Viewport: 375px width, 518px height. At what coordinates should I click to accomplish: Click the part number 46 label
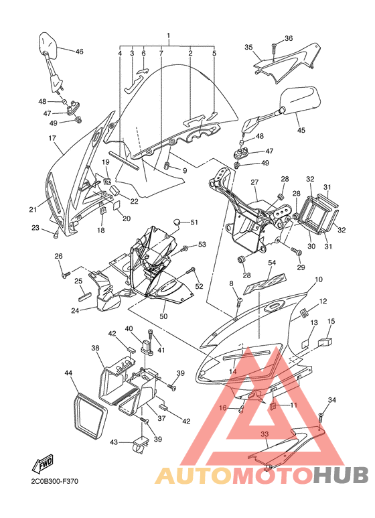tap(79, 52)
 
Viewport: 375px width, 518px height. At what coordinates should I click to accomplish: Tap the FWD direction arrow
tap(42, 464)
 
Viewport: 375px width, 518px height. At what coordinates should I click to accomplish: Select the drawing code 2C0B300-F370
tap(55, 481)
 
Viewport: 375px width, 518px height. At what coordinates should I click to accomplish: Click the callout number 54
tap(272, 263)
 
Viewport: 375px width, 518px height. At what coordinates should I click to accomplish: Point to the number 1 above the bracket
tap(168, 35)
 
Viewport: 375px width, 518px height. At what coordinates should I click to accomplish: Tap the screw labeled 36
tap(275, 49)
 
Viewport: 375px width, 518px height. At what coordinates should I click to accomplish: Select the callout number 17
tap(52, 138)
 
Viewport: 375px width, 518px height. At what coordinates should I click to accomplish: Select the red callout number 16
tap(223, 408)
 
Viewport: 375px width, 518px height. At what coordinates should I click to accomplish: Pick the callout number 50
tap(163, 316)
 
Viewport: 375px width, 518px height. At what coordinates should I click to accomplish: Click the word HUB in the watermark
tap(341, 475)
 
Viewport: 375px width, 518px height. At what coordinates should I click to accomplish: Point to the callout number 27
tap(254, 182)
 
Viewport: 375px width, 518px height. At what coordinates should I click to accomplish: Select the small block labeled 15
tap(325, 342)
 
